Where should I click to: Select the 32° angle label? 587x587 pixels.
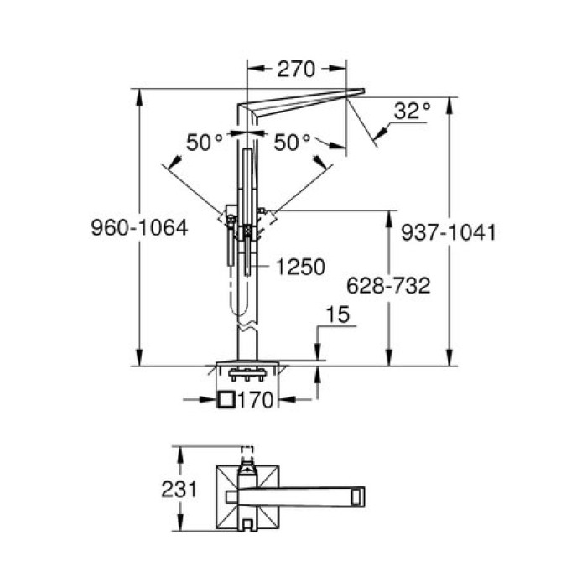pos(412,110)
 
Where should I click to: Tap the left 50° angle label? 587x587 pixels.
pos(205,143)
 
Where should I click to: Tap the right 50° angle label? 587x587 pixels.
pos(293,143)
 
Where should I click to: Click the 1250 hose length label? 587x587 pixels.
pos(299,268)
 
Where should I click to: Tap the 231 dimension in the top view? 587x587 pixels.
pos(179,489)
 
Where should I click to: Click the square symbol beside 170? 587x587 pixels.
pos(226,400)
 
